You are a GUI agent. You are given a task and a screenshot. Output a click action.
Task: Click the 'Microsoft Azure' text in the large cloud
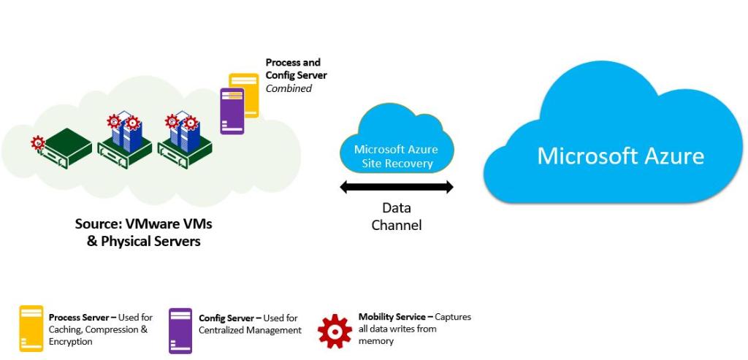[x=620, y=156]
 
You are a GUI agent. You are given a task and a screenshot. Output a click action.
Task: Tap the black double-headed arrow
[x=397, y=188]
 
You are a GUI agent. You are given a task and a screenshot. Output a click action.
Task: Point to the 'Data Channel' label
[x=397, y=216]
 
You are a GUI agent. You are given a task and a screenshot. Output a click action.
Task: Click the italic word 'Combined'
[x=289, y=88]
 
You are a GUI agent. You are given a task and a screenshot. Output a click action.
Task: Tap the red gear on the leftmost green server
[x=37, y=143]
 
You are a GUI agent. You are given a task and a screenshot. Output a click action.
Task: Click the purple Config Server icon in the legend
[x=180, y=330]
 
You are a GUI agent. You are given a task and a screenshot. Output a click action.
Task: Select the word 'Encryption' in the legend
[x=71, y=341]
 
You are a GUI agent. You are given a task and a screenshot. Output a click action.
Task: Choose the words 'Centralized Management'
[x=250, y=330]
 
